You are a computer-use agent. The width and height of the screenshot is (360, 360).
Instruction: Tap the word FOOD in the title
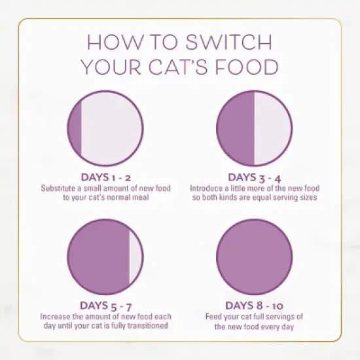click(245, 67)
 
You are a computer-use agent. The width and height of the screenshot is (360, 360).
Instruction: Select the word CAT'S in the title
click(181, 67)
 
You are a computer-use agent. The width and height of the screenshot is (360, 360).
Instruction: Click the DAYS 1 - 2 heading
click(106, 177)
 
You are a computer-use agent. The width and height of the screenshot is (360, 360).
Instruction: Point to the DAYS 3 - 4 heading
click(253, 177)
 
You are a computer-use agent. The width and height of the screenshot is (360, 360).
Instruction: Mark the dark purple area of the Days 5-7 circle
click(98, 252)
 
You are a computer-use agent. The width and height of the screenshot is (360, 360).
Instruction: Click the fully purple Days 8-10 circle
click(254, 252)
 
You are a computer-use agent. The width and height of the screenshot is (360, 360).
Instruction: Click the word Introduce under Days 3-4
click(207, 188)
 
